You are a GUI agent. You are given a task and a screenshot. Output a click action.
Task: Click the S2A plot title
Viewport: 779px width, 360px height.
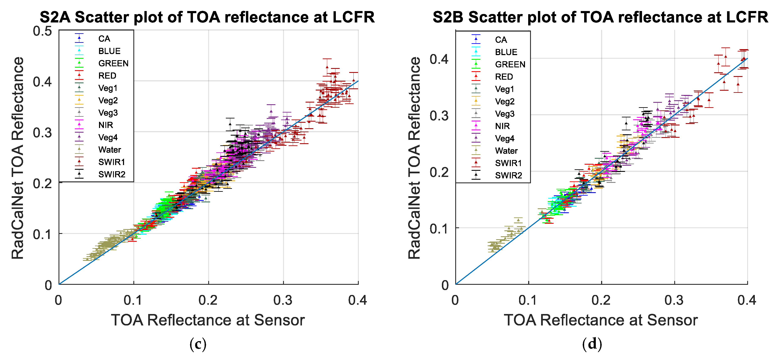tap(207, 17)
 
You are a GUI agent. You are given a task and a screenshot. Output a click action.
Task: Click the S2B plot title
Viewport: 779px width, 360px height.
tap(600, 17)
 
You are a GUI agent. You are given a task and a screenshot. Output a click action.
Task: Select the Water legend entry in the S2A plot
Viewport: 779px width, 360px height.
tap(109, 150)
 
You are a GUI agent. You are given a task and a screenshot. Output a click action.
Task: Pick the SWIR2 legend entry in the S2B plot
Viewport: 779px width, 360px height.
tap(508, 175)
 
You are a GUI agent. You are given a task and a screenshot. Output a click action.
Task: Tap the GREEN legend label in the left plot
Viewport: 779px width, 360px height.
tap(113, 63)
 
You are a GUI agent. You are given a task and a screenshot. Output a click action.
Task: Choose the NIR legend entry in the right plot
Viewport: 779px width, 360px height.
tap(502, 126)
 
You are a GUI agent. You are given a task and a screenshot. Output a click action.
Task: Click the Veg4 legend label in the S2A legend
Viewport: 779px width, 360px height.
tap(108, 137)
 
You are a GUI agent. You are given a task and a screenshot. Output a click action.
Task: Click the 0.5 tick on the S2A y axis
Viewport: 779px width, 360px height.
tap(42, 31)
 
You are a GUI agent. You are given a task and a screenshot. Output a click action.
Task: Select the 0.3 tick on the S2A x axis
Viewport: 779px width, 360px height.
tap(283, 300)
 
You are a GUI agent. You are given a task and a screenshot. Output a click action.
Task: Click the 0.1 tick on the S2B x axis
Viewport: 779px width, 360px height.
tap(528, 300)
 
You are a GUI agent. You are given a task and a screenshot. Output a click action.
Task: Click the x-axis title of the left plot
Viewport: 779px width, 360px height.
tap(208, 320)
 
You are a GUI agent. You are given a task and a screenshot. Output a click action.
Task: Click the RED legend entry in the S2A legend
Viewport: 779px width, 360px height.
tap(107, 76)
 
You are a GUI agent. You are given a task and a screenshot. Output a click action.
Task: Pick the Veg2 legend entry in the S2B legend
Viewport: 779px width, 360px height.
tap(504, 101)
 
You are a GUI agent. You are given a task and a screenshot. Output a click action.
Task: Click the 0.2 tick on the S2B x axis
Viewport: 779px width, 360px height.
tap(601, 300)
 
